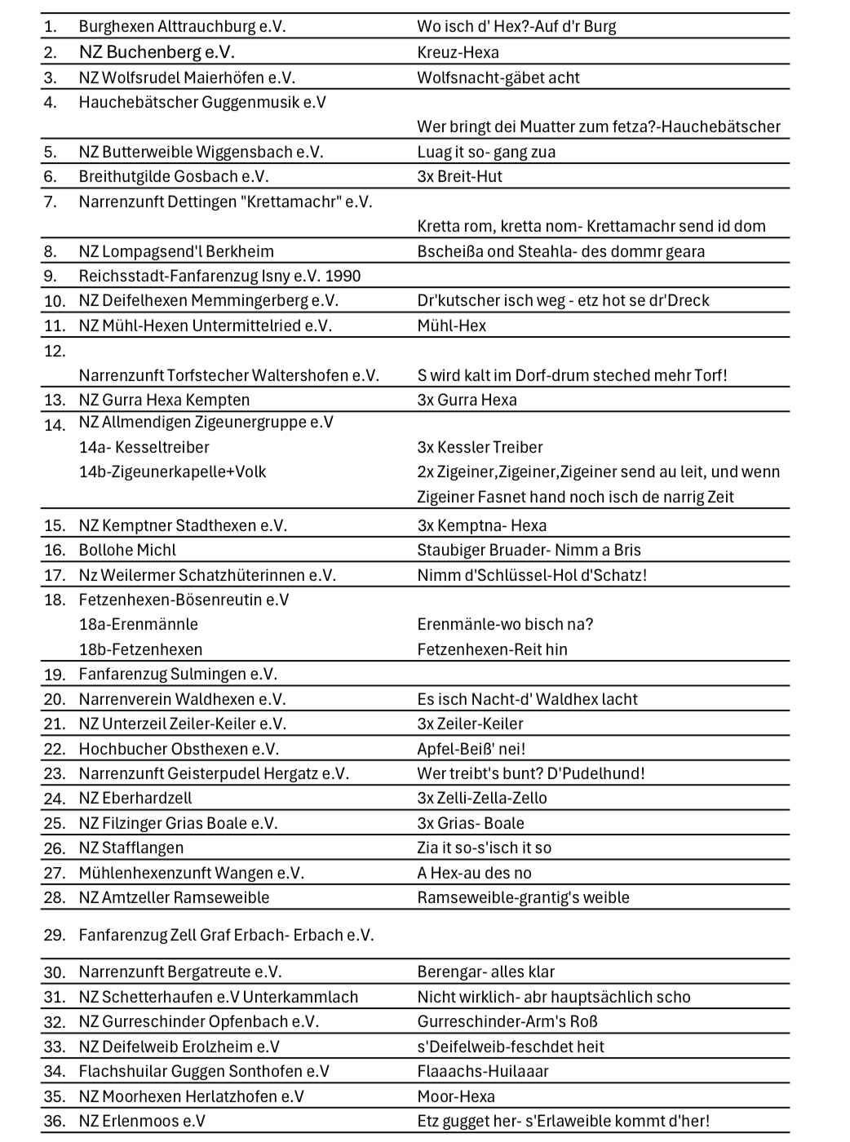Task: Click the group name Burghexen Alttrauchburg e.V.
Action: coord(182,26)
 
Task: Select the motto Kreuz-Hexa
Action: coord(458,52)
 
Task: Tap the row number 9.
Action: coord(51,276)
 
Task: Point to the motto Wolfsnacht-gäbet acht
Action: coord(498,77)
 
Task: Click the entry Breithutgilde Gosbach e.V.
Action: coord(173,176)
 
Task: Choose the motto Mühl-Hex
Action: coord(451,325)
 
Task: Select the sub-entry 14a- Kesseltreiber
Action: coord(144,447)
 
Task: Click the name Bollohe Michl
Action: coord(127,550)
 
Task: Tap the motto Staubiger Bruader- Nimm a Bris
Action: coord(529,550)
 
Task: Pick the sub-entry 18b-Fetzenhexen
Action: coord(140,649)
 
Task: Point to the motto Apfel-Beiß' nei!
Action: coord(471,749)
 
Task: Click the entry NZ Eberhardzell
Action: coord(135,798)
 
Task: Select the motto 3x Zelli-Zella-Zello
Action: coord(481,798)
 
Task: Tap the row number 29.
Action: coord(54,935)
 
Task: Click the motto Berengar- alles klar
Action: coord(485,972)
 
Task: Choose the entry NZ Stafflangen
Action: coord(131,848)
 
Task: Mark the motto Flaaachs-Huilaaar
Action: coord(483,1071)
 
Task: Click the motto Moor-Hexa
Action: coord(456,1096)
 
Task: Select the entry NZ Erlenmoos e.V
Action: coord(142,1121)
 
